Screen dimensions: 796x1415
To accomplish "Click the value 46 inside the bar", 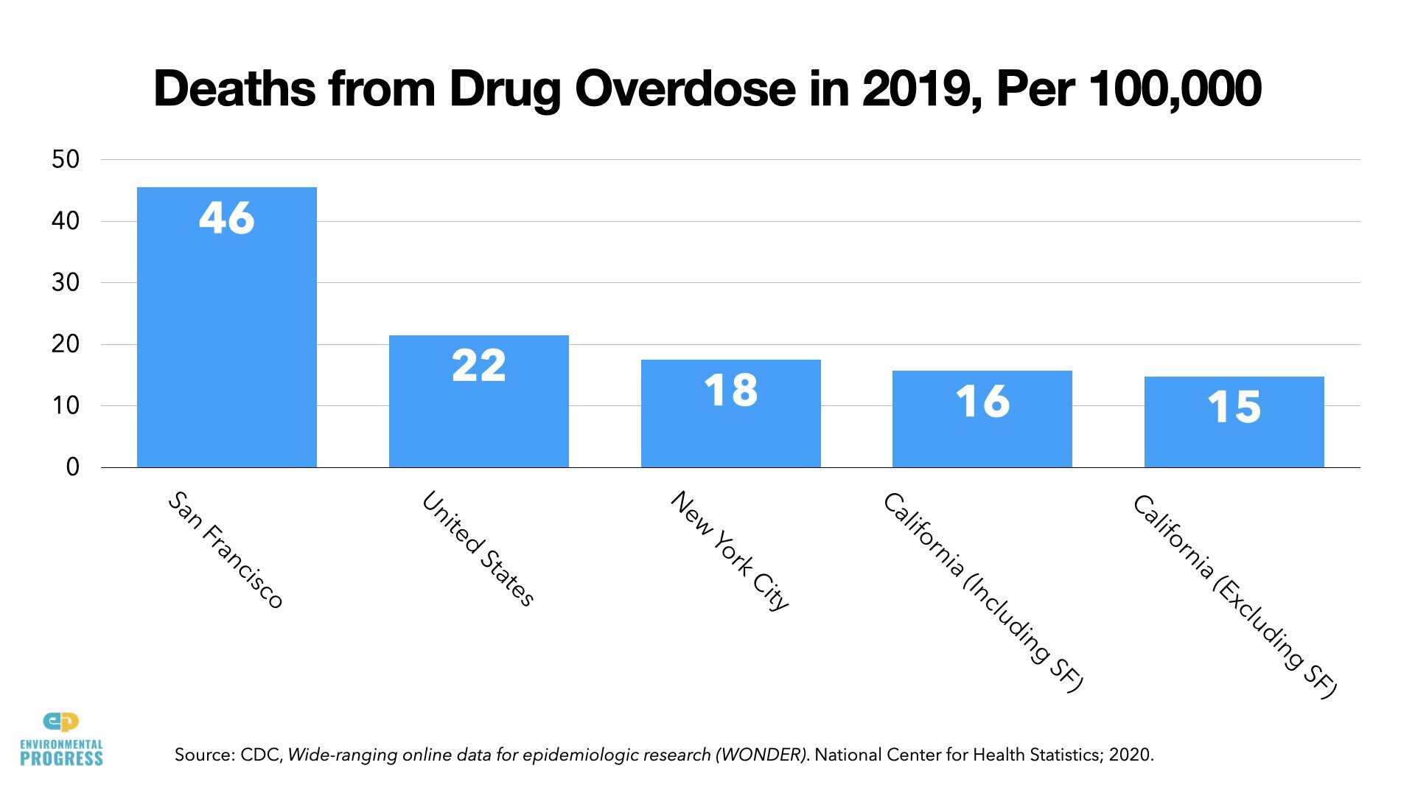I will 226,218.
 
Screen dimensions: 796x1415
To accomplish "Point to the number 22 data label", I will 478,366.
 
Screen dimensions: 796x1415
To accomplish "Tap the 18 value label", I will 730,390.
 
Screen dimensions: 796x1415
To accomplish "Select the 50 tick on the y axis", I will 66,159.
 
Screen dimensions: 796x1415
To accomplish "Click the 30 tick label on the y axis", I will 66,282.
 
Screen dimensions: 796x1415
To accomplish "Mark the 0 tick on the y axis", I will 72,467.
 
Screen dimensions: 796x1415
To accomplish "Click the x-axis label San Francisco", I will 226,550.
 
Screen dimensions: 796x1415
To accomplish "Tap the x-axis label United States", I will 478,548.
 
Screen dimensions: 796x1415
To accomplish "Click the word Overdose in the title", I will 685,89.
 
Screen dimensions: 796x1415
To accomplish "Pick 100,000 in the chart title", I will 1175,89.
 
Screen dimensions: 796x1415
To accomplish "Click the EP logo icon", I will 61,722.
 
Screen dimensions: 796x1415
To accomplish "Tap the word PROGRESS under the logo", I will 61,758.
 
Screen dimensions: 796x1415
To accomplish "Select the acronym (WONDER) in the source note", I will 764,755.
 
